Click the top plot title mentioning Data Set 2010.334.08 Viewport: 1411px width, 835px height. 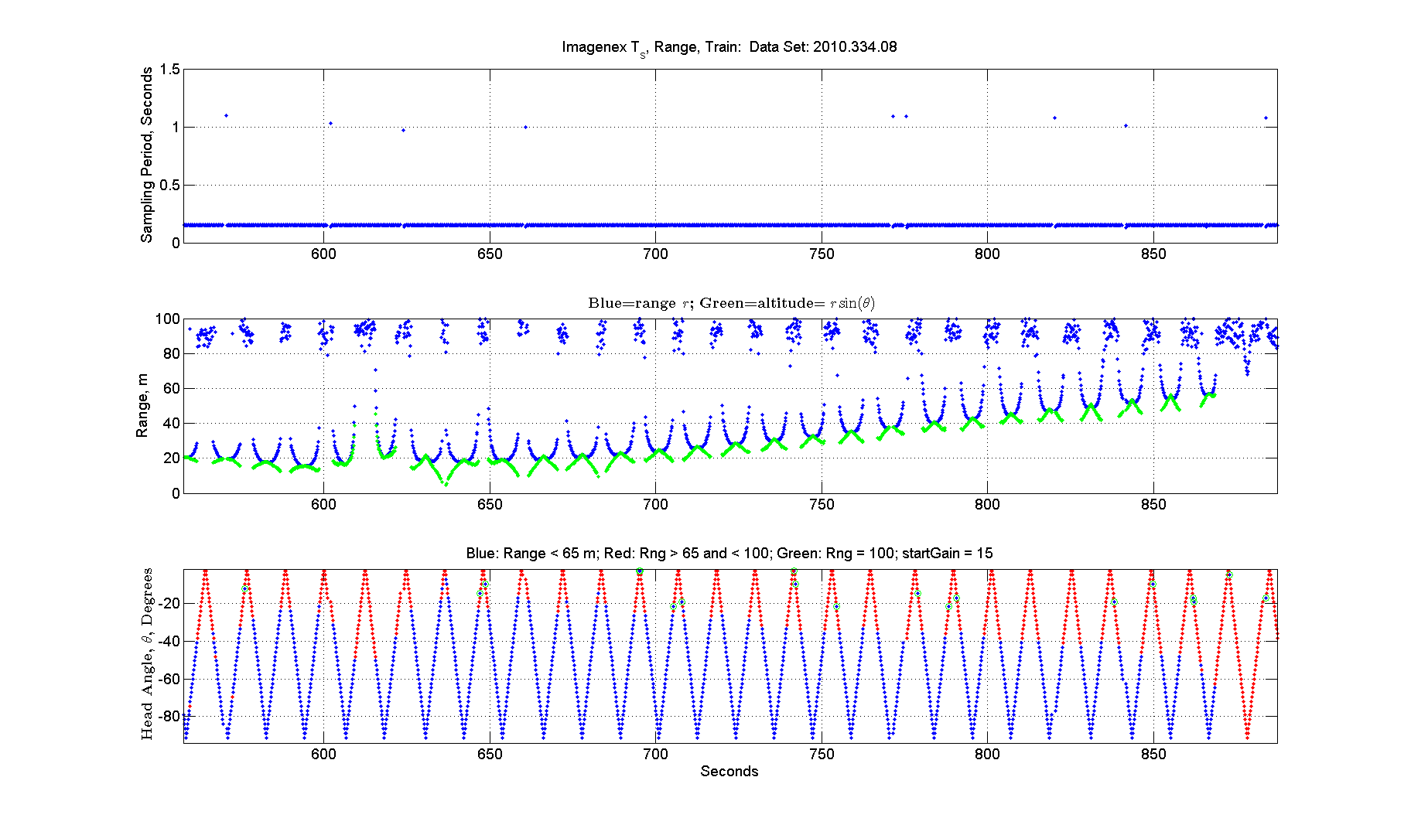(x=729, y=47)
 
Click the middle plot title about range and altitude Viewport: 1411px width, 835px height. (x=731, y=303)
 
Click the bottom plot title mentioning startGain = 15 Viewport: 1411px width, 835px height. (x=729, y=553)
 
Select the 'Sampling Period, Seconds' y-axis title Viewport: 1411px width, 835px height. (x=146, y=155)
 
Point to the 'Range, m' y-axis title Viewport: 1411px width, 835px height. (x=142, y=406)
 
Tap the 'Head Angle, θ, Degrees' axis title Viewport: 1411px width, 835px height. (x=146, y=654)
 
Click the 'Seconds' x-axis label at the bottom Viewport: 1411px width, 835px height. (x=729, y=771)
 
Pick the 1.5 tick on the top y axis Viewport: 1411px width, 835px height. (x=169, y=70)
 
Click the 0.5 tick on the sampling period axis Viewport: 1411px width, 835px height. (x=169, y=185)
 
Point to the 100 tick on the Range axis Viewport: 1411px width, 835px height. (x=168, y=319)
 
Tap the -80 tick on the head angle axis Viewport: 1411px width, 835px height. (x=169, y=716)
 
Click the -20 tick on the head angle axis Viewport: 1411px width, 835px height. (x=169, y=603)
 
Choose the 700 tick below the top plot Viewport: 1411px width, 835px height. (x=655, y=254)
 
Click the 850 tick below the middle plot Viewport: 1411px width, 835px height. (x=1153, y=504)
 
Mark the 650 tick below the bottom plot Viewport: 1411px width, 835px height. (x=490, y=754)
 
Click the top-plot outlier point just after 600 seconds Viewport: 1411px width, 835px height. (x=330, y=123)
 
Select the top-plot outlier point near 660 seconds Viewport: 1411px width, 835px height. (x=525, y=127)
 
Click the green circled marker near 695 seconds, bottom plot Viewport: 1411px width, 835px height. (x=640, y=571)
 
